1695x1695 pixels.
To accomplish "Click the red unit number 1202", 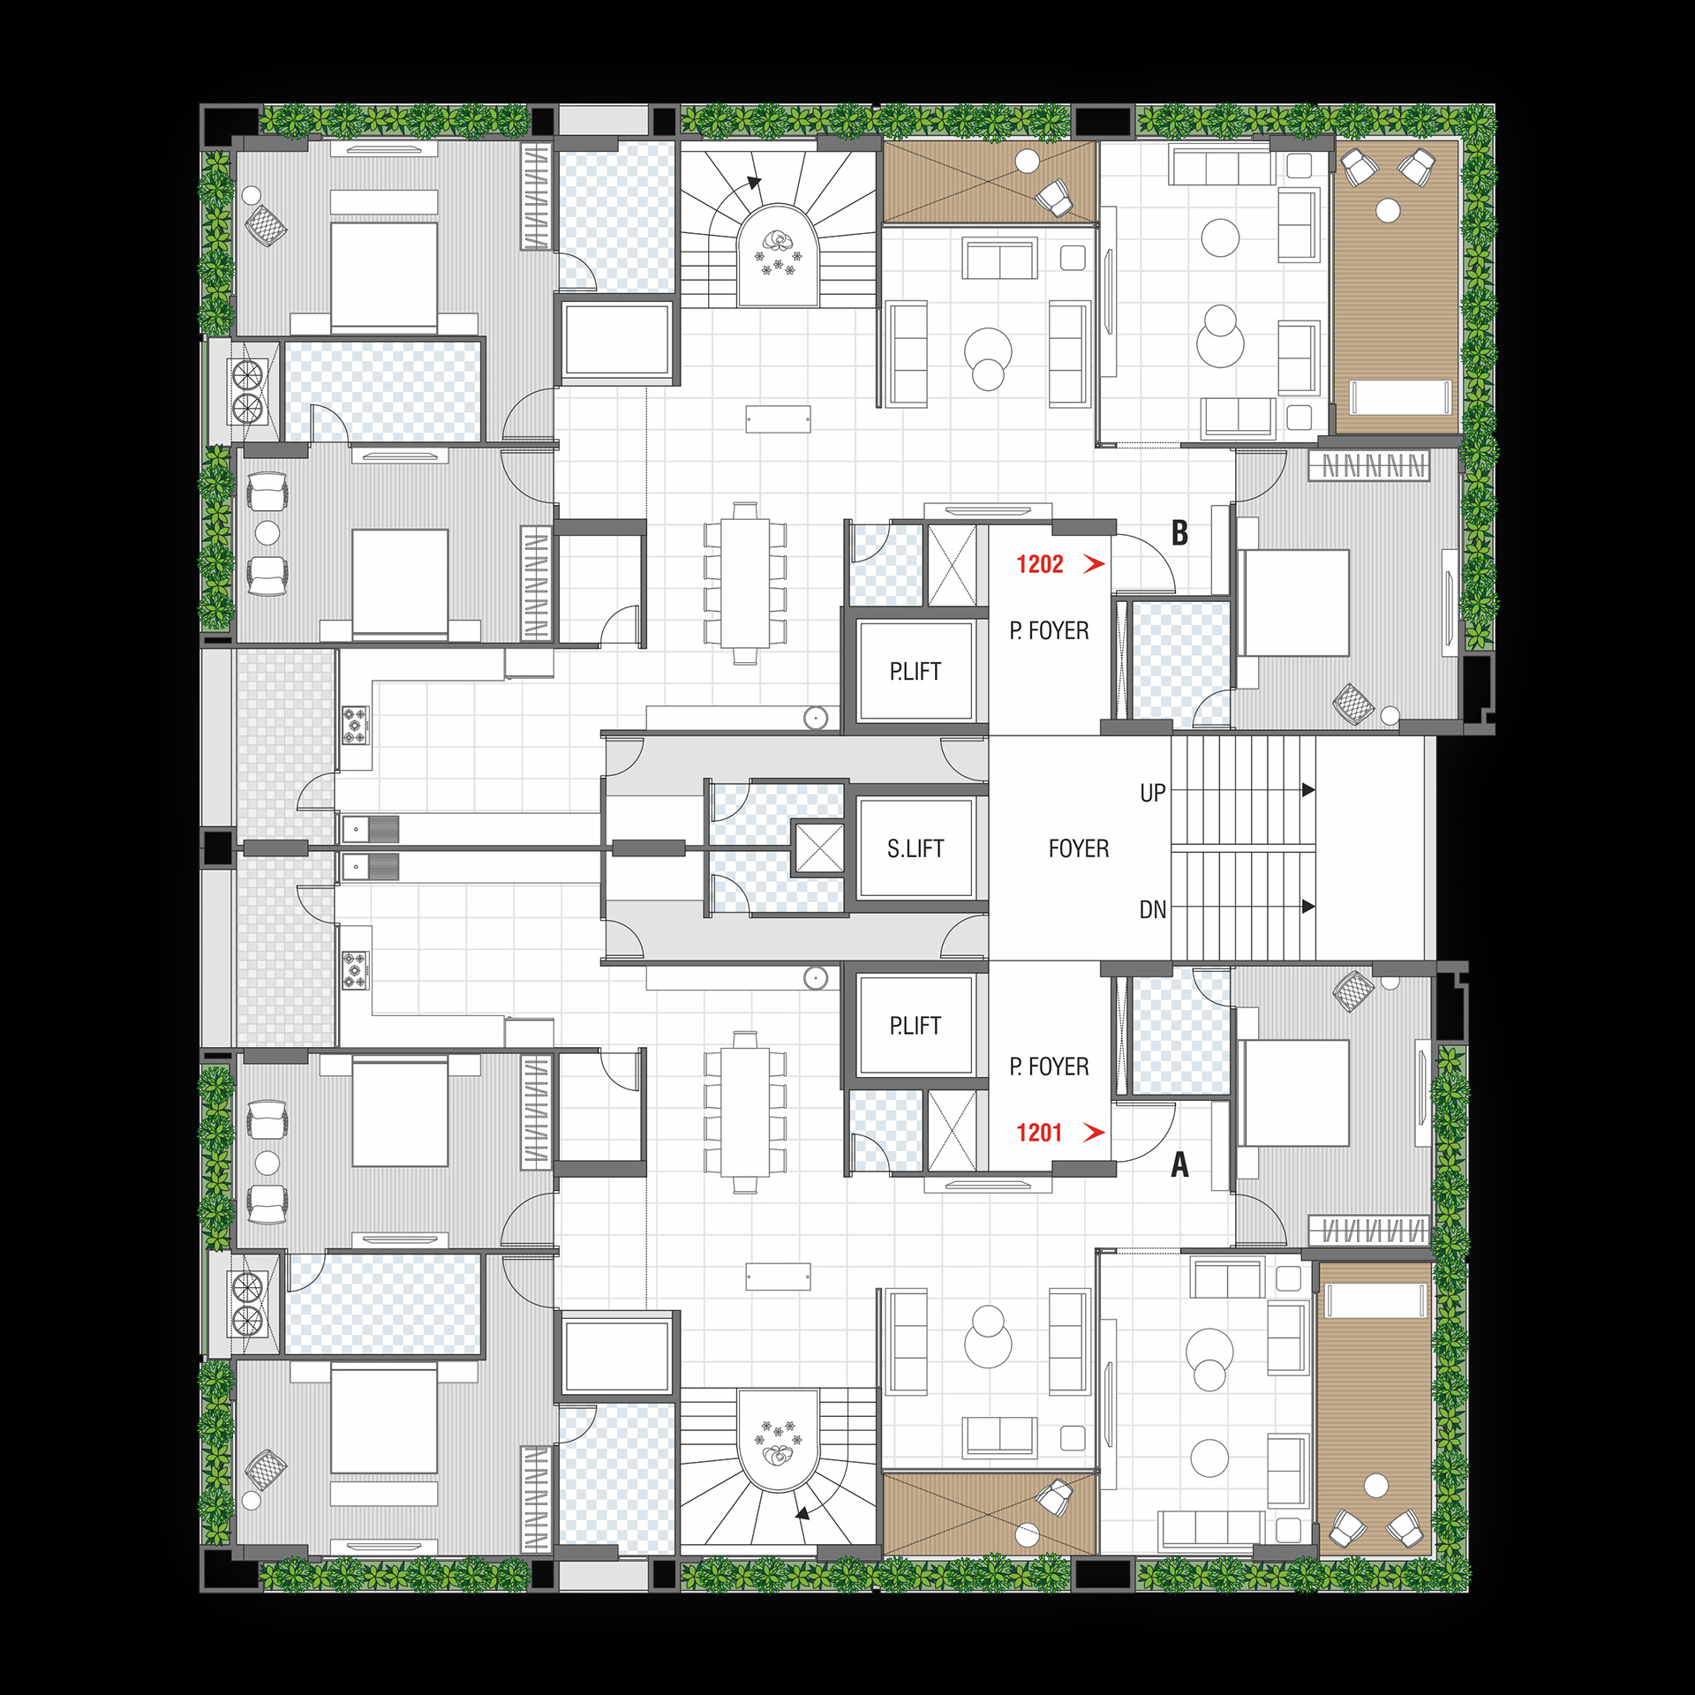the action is (x=1039, y=564).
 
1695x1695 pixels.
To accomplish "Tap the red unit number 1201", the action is (x=1038, y=1133).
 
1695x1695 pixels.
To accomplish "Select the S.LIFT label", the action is (x=915, y=848).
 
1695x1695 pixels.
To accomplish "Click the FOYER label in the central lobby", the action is (x=1078, y=848).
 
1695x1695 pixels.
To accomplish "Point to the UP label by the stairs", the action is (x=1153, y=793).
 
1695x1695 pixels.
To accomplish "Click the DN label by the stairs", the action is (x=1153, y=909).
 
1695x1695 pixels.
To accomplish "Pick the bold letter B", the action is (x=1179, y=532).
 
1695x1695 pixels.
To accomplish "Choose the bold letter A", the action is (x=1179, y=1164).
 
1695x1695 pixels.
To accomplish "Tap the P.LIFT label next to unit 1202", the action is (x=915, y=671).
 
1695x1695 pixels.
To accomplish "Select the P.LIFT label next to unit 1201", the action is (x=915, y=1025).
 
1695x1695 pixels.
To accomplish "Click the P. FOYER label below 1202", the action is (x=1049, y=630).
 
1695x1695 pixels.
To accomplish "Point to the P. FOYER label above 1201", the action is (x=1049, y=1066).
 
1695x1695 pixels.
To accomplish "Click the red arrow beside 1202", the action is (x=1095, y=564).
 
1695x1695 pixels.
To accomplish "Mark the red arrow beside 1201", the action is (x=1095, y=1133).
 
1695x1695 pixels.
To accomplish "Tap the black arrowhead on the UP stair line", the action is (x=1308, y=790).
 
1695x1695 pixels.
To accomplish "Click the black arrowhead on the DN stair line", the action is (x=1308, y=907).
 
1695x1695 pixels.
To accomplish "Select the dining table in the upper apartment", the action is (x=745, y=583).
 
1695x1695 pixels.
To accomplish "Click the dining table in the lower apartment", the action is (x=745, y=1112).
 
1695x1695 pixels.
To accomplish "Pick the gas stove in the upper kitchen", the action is (x=356, y=725).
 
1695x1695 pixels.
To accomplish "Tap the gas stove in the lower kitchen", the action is (x=356, y=970).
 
